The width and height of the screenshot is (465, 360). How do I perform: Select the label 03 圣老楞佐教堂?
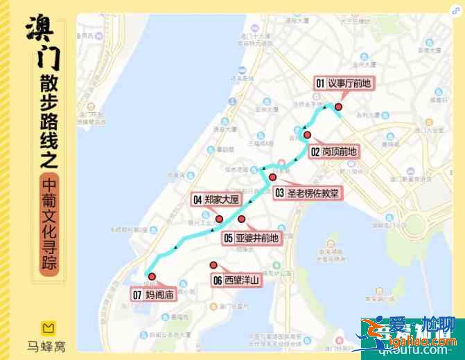(x=308, y=193)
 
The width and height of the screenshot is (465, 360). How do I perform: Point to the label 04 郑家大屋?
(x=216, y=200)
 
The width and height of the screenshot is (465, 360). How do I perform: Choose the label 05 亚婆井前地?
(x=251, y=238)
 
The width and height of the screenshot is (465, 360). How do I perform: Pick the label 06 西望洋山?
(x=235, y=280)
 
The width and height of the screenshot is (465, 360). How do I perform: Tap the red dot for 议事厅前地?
(x=339, y=107)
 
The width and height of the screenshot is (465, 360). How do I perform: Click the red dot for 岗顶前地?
(x=308, y=134)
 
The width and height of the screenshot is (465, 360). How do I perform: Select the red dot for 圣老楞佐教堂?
(x=272, y=177)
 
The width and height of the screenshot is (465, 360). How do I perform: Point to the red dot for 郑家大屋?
(x=219, y=219)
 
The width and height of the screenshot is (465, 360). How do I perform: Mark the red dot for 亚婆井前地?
(x=242, y=219)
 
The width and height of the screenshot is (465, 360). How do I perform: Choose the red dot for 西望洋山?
(x=213, y=264)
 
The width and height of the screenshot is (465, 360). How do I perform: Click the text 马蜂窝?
(x=46, y=345)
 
